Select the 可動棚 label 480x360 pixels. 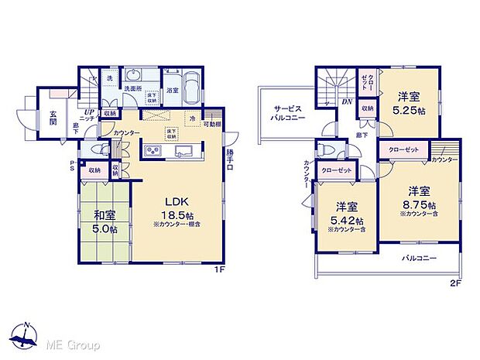click(x=213, y=125)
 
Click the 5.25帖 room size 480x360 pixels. click(x=410, y=111)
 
